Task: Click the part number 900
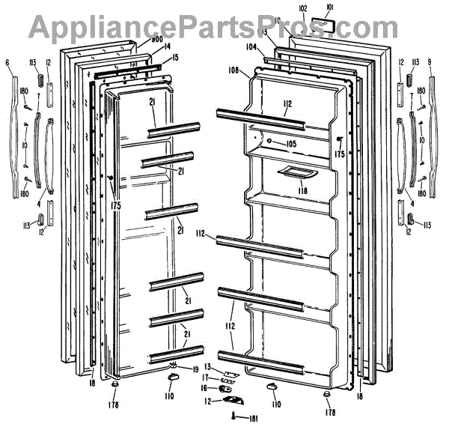(157, 40)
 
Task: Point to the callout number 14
(168, 46)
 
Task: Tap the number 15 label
(174, 57)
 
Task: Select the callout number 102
(302, 8)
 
